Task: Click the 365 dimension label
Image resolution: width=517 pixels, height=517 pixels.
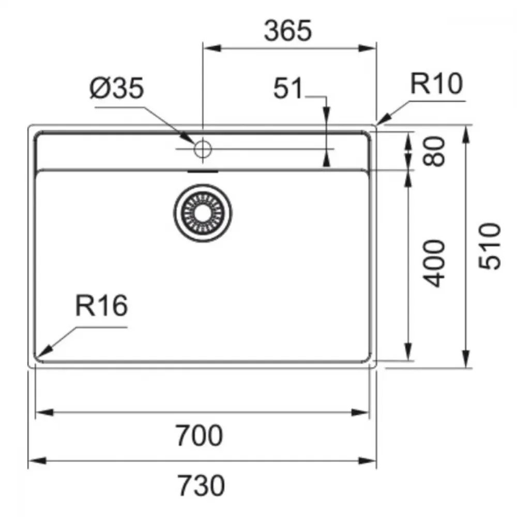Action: point(288,31)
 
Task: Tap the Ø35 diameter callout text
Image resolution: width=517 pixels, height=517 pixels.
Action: point(117,88)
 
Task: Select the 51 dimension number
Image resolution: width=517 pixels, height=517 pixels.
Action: point(287,88)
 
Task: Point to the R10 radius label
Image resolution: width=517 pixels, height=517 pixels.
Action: point(436,84)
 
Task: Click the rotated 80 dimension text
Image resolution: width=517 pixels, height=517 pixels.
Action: point(434,151)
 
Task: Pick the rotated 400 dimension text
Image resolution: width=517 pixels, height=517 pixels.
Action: point(434,263)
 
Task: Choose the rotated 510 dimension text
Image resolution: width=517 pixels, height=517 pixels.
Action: point(490,246)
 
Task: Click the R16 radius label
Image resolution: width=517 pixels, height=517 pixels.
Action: point(101,306)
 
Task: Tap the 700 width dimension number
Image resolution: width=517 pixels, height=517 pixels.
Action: point(199,435)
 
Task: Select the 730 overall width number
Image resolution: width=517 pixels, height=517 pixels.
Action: point(201,485)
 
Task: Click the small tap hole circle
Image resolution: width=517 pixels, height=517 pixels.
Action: point(203,149)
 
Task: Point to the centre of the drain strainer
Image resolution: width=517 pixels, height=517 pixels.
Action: point(203,213)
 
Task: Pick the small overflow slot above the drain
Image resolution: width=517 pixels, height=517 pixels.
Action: point(203,172)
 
